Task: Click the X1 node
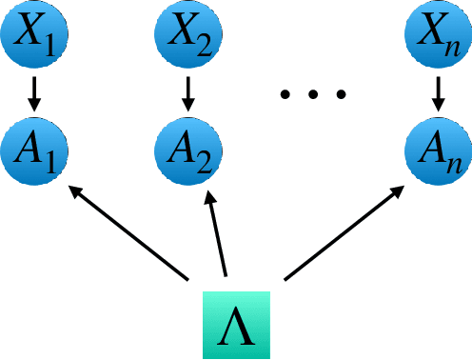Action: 34,36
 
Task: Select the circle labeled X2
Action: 187,36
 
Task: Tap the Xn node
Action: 438,36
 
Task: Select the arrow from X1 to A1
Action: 34,92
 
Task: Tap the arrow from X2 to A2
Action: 187,92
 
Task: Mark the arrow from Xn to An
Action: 438,92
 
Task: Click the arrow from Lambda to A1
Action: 128,234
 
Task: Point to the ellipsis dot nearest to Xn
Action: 341,93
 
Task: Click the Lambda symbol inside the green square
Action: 238,324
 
